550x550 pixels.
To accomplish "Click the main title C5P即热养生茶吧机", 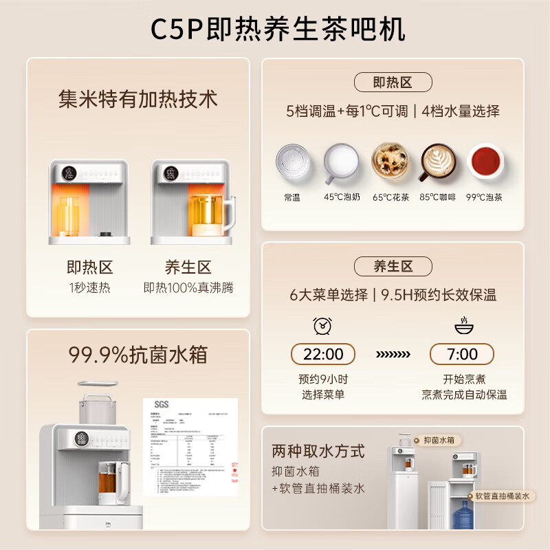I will pos(275,29).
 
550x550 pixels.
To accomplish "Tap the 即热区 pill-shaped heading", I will pos(393,82).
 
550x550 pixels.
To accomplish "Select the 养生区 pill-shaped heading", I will pos(393,266).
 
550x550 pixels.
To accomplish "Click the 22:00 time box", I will pos(323,354).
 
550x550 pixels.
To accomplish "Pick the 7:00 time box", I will pos(462,354).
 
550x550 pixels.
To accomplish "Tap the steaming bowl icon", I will pos(462,325).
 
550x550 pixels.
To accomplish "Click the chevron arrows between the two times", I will pos(393,355).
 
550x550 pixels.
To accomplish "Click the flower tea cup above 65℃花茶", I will pos(390,162).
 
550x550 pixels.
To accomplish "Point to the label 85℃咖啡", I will pos(438,197).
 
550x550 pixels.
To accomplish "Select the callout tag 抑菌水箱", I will pos(439,440).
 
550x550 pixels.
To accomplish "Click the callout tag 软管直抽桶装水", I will pos(502,496).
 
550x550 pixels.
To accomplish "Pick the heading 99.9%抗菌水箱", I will pos(137,355).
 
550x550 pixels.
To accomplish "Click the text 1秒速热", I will pos(89,287).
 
